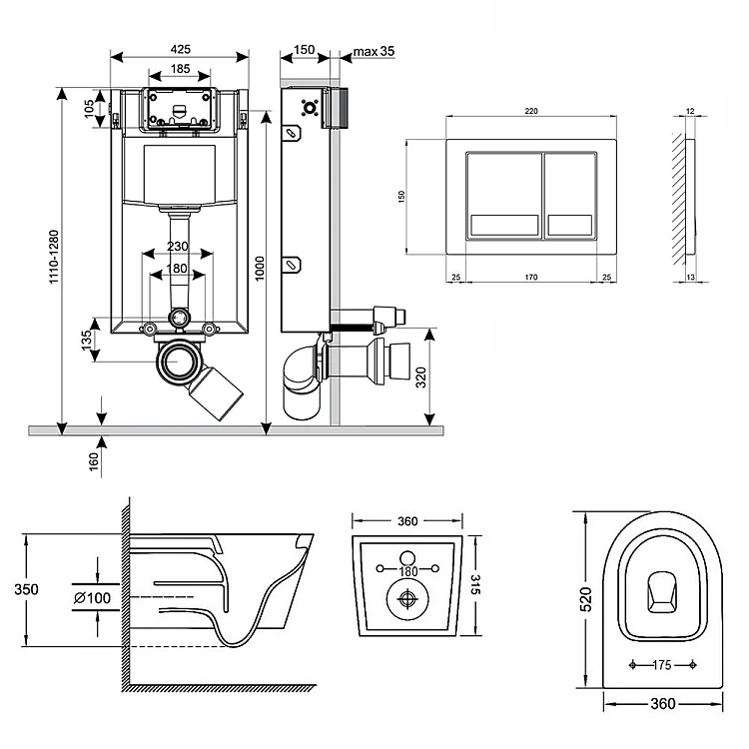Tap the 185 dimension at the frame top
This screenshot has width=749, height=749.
(180, 69)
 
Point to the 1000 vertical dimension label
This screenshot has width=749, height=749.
(259, 268)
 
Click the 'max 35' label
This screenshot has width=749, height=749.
(375, 50)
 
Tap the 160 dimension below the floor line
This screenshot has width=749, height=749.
(94, 462)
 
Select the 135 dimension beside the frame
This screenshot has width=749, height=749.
(89, 340)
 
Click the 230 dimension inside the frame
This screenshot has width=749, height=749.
(179, 247)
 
